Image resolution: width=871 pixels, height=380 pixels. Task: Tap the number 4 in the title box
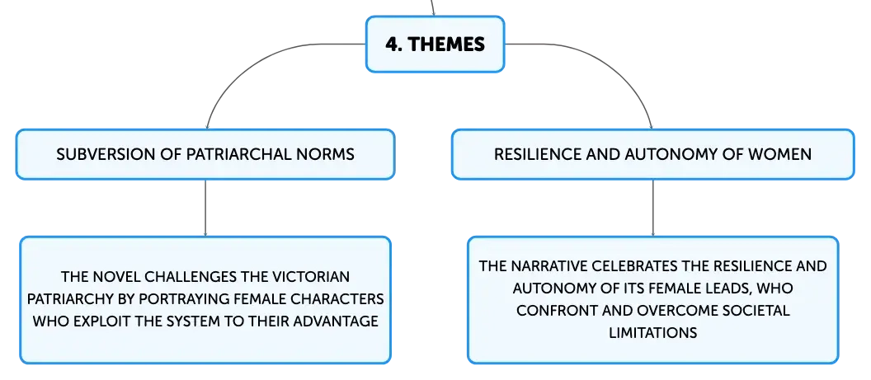(x=393, y=45)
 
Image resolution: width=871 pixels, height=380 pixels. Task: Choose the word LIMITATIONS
(x=652, y=333)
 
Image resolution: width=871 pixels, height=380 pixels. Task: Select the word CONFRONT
(x=552, y=310)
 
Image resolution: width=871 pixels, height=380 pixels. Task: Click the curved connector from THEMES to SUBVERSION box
(x=247, y=62)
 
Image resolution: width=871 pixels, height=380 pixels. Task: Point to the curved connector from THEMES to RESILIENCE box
(x=612, y=62)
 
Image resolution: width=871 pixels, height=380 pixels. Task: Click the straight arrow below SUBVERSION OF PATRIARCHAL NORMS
(x=205, y=208)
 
